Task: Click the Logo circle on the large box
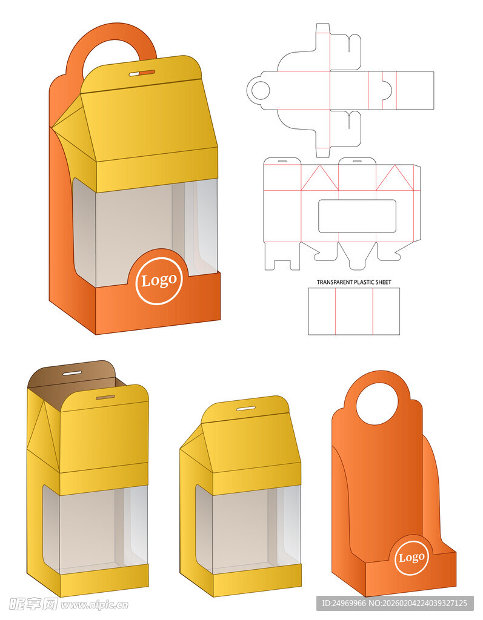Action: [x=159, y=281]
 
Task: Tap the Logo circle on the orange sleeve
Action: [x=411, y=558]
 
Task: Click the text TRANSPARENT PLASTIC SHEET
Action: [x=353, y=282]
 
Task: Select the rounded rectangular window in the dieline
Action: [x=357, y=216]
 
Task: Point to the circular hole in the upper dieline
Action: [x=261, y=91]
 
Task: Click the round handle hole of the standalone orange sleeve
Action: [x=377, y=404]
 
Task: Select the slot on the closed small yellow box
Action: [x=246, y=407]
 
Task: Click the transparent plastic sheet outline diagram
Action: [x=354, y=311]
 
